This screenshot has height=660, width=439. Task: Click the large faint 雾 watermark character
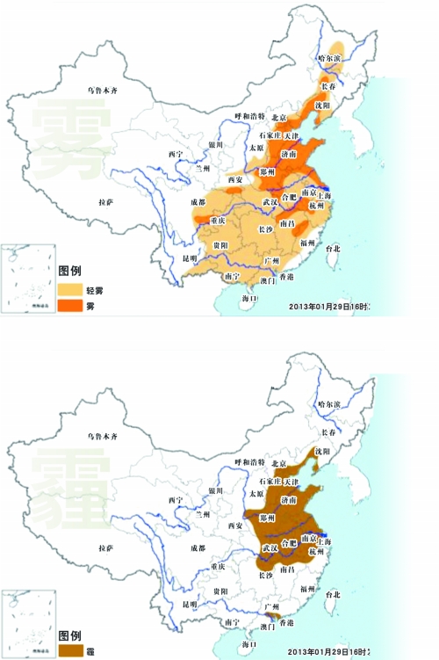(x=69, y=132)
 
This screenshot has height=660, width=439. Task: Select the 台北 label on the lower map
(x=332, y=595)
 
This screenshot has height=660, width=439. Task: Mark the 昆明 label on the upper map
(x=191, y=259)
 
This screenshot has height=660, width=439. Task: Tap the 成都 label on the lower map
(x=198, y=548)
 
